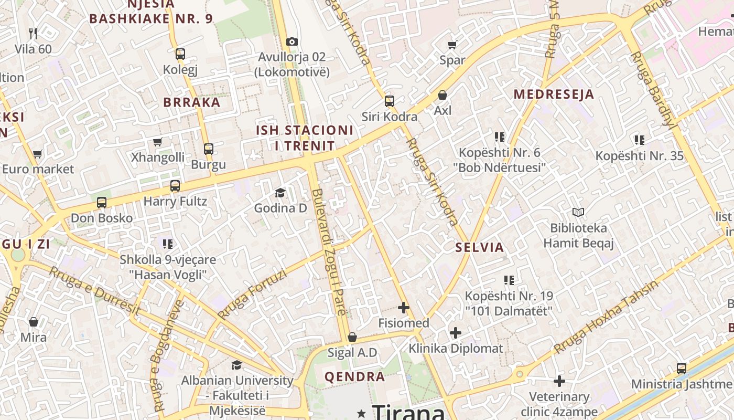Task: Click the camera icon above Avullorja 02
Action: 292,41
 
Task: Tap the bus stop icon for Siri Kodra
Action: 389,101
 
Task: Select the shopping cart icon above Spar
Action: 452,45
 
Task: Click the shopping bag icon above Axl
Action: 442,95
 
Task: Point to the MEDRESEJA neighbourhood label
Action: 554,94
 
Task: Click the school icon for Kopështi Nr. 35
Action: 639,140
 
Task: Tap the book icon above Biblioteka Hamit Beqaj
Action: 578,213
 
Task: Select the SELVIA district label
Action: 479,247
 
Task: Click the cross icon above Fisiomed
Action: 403,308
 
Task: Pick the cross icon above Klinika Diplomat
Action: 456,332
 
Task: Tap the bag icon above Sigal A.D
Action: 352,337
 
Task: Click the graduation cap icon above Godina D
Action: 280,193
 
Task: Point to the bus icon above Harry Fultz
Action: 175,186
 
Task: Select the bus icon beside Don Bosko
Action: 102,203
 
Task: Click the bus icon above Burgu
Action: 209,149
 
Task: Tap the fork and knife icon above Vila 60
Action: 34,34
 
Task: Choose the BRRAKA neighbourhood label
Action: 192,102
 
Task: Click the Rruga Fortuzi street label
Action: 252,295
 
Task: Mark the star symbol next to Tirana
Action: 361,414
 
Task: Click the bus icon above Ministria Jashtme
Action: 681,369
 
